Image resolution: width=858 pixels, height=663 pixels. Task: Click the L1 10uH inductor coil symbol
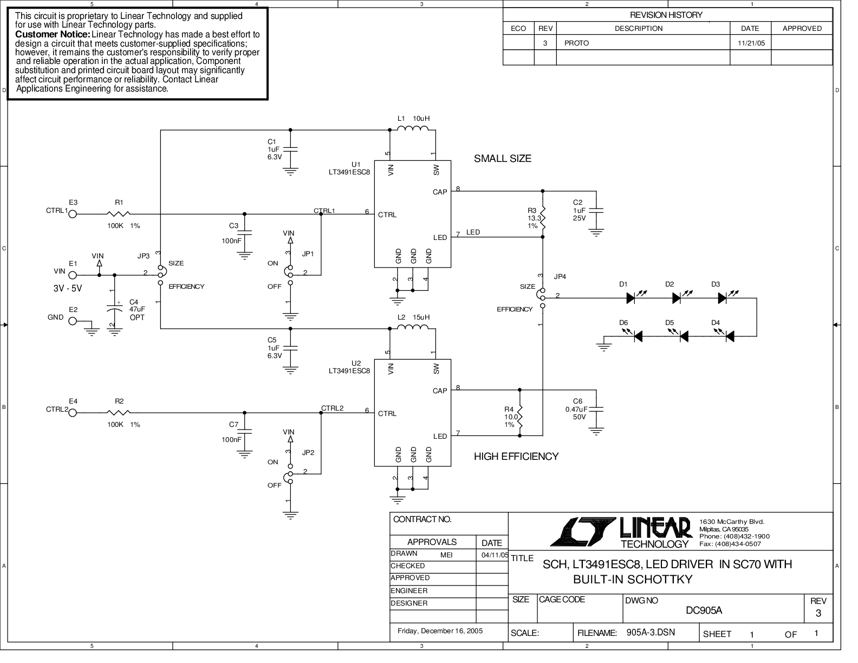pyautogui.click(x=412, y=128)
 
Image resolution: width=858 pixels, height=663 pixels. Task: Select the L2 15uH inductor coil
pyautogui.click(x=412, y=327)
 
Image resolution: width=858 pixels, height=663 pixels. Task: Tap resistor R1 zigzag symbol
pyautogui.click(x=119, y=214)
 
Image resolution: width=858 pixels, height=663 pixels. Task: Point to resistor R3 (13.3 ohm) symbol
pyautogui.click(x=543, y=218)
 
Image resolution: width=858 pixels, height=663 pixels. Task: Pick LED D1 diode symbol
pyautogui.click(x=632, y=298)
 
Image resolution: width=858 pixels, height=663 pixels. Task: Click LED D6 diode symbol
pyautogui.click(x=638, y=336)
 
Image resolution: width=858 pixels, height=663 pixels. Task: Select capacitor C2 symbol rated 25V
pyautogui.click(x=596, y=211)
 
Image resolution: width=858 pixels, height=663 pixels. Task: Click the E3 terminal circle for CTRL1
pyautogui.click(x=73, y=214)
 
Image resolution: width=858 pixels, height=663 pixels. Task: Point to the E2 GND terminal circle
pyautogui.click(x=73, y=321)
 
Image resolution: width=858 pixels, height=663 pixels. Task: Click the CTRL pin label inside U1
pyautogui.click(x=387, y=215)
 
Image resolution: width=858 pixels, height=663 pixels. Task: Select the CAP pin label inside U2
pyautogui.click(x=440, y=391)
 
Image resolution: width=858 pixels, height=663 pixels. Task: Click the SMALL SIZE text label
pyautogui.click(x=503, y=158)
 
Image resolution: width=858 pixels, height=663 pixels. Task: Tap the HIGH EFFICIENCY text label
pyautogui.click(x=516, y=457)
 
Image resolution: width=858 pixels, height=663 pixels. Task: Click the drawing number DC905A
pyautogui.click(x=704, y=610)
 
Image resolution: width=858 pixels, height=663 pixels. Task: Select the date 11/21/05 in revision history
pyautogui.click(x=751, y=43)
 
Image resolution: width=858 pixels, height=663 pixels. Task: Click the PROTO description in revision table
pyautogui.click(x=576, y=43)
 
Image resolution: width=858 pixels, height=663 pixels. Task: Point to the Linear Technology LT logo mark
pyautogui.click(x=583, y=531)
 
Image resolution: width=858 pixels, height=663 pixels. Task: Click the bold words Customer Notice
pyautogui.click(x=53, y=34)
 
